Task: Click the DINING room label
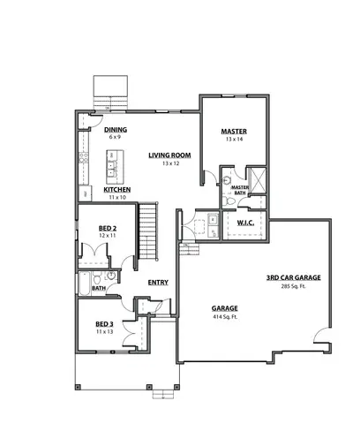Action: pyautogui.click(x=115, y=130)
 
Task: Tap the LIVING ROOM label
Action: pyautogui.click(x=170, y=155)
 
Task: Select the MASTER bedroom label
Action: pyautogui.click(x=233, y=132)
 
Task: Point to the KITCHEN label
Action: pyautogui.click(x=117, y=189)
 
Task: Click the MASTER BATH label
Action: pyautogui.click(x=238, y=189)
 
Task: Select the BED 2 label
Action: pyautogui.click(x=108, y=228)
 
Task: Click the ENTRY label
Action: pyautogui.click(x=158, y=283)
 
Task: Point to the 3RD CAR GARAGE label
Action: pyautogui.click(x=293, y=277)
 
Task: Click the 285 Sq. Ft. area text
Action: pyautogui.click(x=293, y=286)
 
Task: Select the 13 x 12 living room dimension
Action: pyautogui.click(x=170, y=164)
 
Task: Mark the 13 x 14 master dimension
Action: pyautogui.click(x=233, y=140)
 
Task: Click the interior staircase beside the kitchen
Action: pyautogui.click(x=150, y=230)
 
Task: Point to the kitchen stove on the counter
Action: pyautogui.click(x=85, y=159)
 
